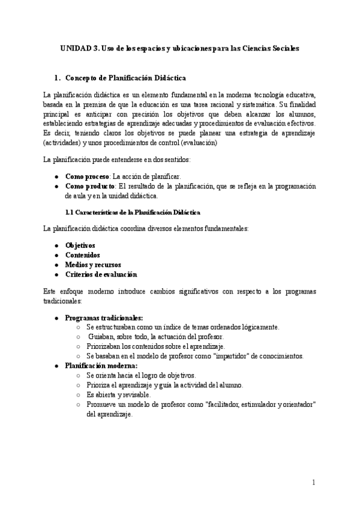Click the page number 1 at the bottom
pos(313,482)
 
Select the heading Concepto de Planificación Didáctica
pos(125,78)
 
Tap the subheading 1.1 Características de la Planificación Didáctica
pos(133,212)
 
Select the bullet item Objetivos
pos(80,245)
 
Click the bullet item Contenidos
pos(82,254)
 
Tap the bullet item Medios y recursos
pos(93,264)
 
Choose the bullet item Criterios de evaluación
pos(101,274)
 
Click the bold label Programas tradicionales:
pos(104,317)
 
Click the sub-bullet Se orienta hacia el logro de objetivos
pos(141,375)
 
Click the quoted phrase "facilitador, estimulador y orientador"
pos(247,405)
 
